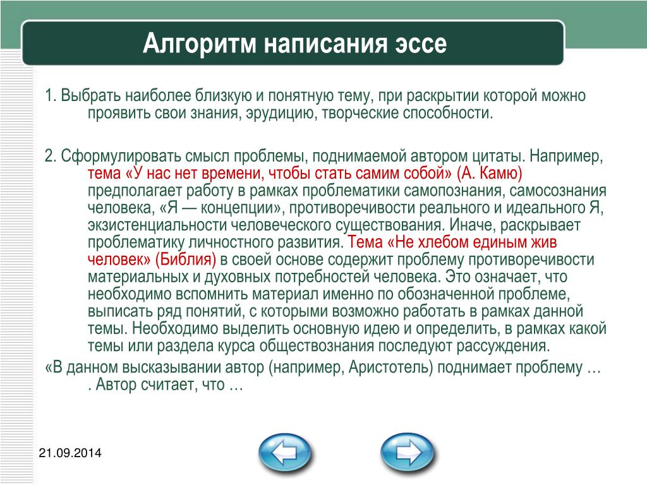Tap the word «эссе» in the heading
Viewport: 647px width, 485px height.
[421, 44]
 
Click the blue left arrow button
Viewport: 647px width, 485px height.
[285, 453]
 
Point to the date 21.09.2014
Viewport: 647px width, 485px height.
[70, 453]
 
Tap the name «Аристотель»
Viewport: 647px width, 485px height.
[390, 367]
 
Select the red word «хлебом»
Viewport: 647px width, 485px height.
[443, 242]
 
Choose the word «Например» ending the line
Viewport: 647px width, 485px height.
[566, 157]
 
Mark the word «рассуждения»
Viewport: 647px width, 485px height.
[503, 345]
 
